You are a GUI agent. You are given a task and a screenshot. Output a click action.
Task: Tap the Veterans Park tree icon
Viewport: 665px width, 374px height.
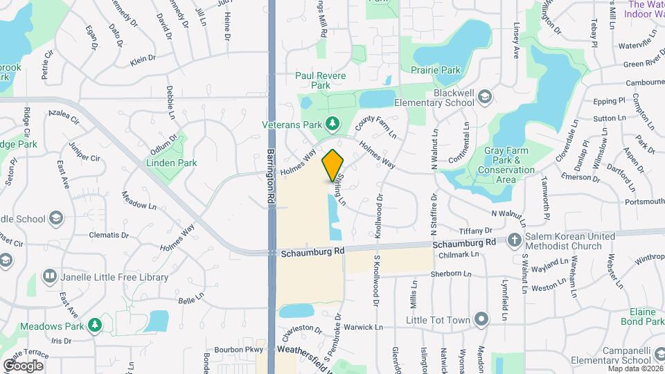(333, 123)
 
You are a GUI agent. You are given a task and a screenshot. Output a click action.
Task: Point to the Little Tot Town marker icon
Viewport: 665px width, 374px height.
(483, 319)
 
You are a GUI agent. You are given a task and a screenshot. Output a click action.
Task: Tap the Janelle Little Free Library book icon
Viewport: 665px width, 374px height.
(49, 277)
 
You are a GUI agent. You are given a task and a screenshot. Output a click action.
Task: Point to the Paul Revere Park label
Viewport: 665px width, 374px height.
(321, 80)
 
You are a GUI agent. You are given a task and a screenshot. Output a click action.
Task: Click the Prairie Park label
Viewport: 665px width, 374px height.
(436, 70)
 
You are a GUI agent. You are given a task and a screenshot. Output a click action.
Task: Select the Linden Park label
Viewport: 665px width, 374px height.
(171, 163)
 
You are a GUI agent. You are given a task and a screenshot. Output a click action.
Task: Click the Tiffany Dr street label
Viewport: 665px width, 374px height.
(475, 231)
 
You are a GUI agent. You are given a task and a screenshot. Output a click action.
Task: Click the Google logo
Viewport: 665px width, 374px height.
(23, 365)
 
